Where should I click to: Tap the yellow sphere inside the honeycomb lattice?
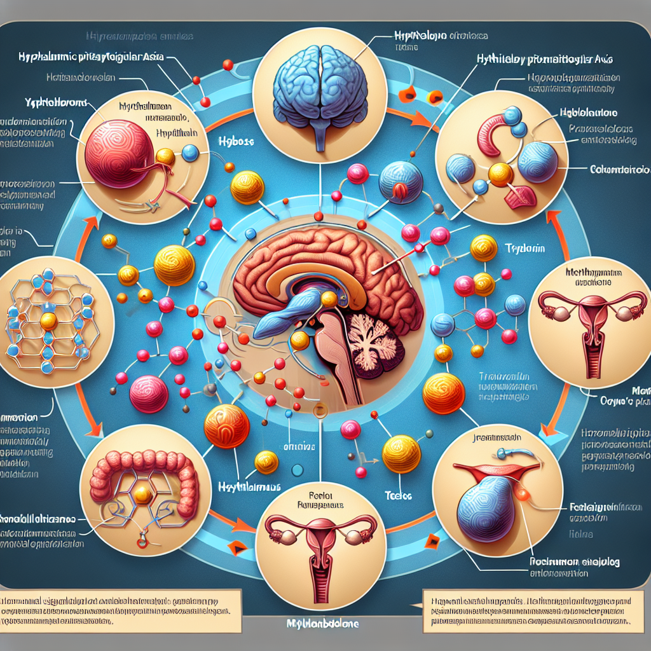[49, 322]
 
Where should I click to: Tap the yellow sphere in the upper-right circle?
[500, 174]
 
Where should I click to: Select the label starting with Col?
[619, 170]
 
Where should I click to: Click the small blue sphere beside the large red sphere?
[190, 153]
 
